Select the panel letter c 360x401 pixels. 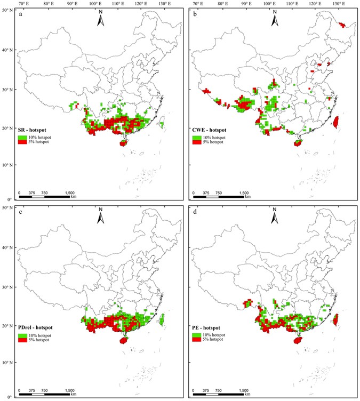[x=20, y=213]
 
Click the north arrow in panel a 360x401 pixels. [x=100, y=21]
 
